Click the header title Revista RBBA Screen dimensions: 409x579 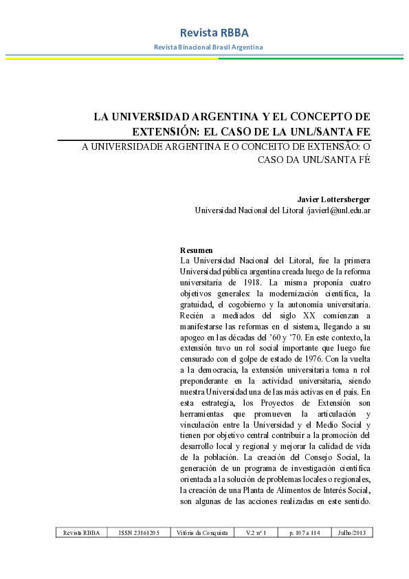(x=204, y=33)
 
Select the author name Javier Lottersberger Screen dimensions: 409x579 (x=334, y=199)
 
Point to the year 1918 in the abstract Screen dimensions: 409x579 (x=252, y=282)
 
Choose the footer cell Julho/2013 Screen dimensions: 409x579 (x=351, y=533)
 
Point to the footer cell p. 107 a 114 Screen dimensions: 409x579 (x=305, y=533)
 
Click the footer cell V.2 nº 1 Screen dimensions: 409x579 (x=256, y=533)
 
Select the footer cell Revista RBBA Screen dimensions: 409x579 (x=82, y=533)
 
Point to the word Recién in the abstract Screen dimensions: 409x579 (x=192, y=315)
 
